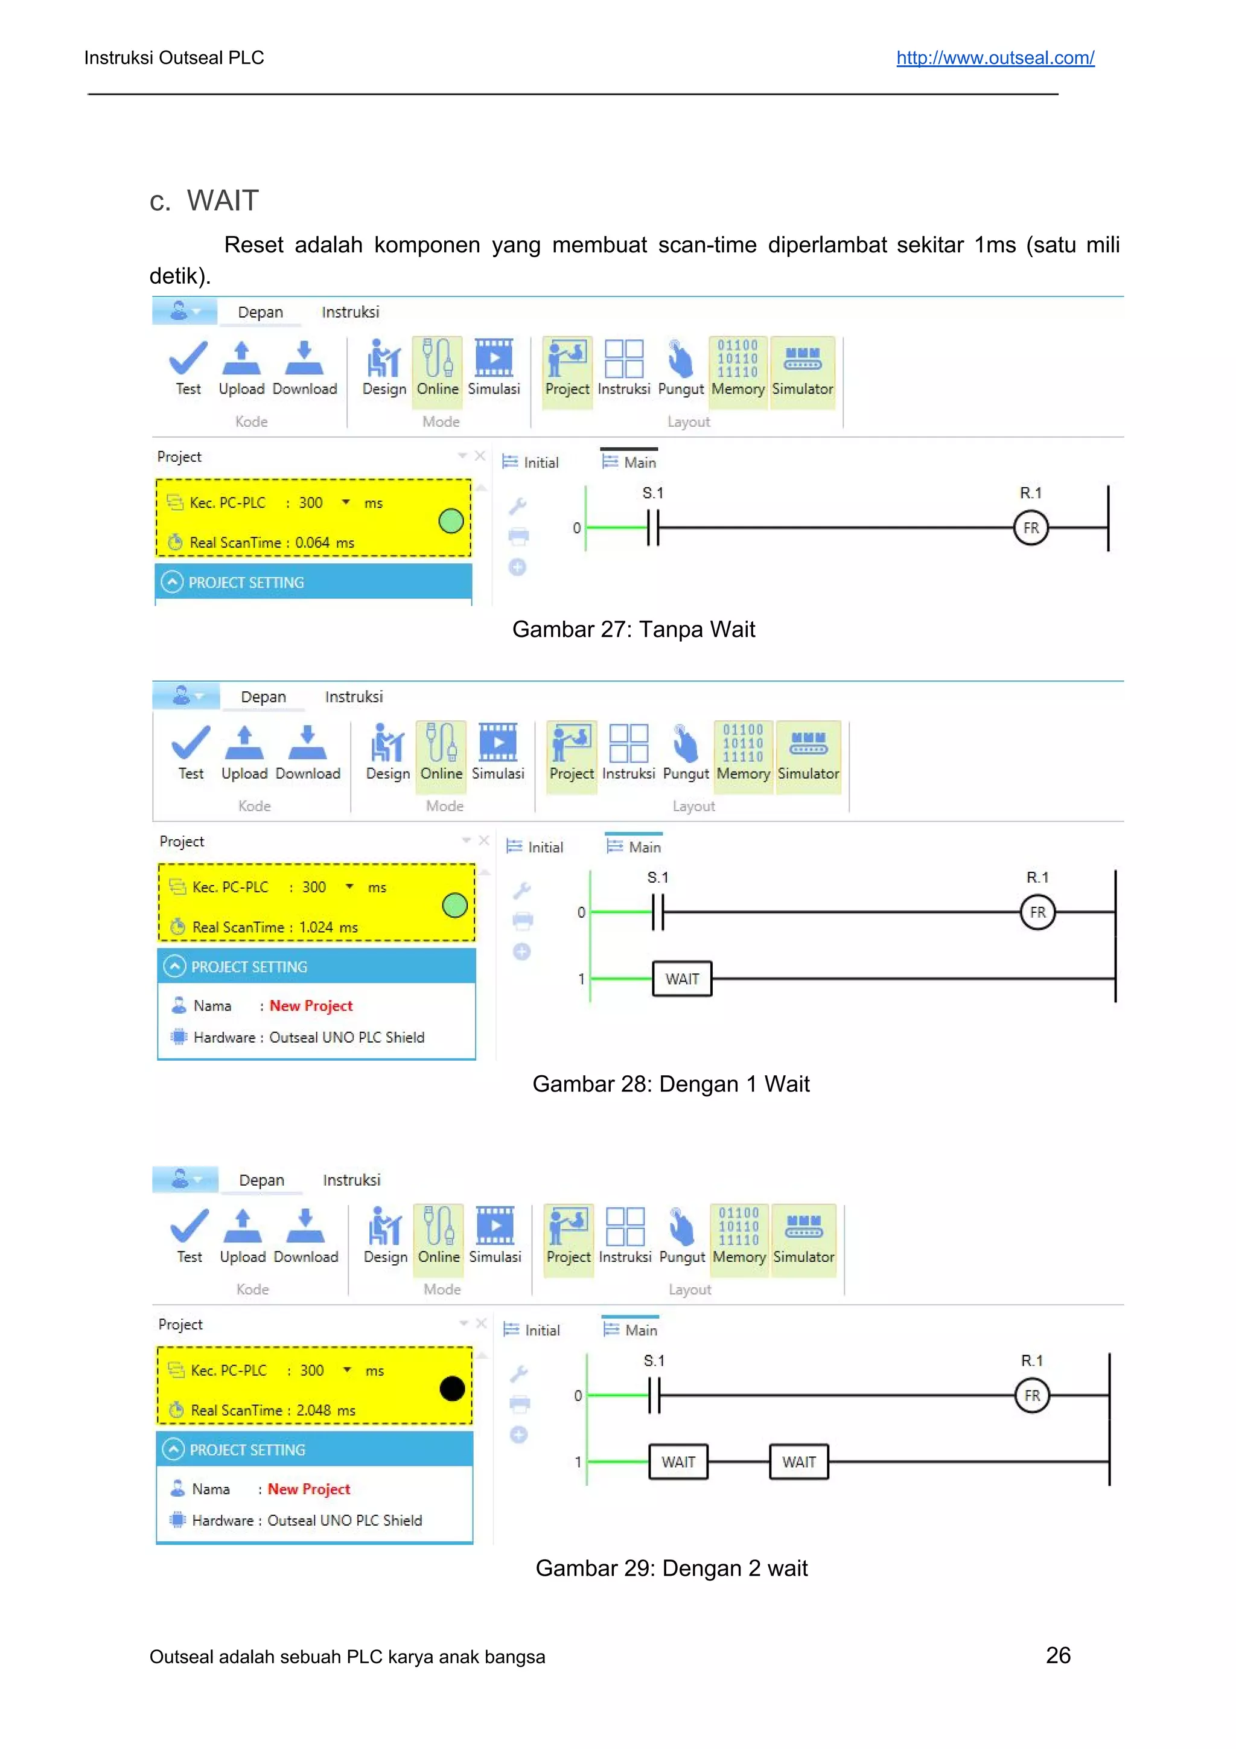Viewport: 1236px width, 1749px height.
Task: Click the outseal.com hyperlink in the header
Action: click(x=995, y=58)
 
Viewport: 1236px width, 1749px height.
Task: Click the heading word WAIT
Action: click(x=223, y=201)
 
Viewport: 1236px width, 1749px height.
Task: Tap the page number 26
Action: click(x=1058, y=1655)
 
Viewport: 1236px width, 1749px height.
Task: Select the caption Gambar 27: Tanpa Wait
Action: click(x=633, y=629)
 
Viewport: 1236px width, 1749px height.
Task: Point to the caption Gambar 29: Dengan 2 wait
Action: click(x=671, y=1568)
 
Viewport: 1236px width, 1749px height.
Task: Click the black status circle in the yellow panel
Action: click(x=451, y=1389)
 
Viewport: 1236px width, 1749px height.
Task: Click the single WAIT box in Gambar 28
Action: click(x=681, y=979)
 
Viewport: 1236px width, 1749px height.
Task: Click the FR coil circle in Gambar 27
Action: click(x=1030, y=528)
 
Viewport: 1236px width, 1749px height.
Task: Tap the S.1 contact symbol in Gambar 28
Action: click(x=658, y=912)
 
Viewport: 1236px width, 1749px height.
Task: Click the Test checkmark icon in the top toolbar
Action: click(x=188, y=359)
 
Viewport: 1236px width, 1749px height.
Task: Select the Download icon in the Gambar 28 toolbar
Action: click(x=308, y=743)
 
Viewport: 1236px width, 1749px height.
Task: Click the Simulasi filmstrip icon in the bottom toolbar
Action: click(x=494, y=1225)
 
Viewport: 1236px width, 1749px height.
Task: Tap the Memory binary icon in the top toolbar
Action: click(x=737, y=359)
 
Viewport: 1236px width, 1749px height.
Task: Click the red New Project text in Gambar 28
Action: click(x=311, y=1006)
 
